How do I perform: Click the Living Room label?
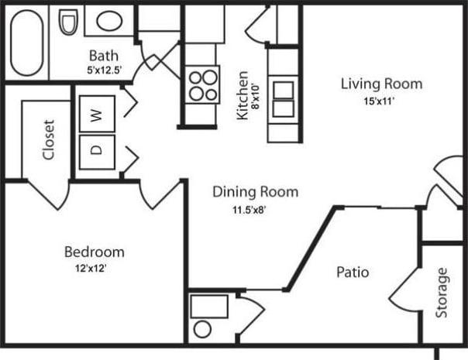point(381,84)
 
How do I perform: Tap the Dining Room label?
point(255,192)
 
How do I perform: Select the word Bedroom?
point(94,252)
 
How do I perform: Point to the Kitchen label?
point(243,95)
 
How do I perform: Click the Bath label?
point(103,56)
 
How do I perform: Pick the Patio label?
point(352,273)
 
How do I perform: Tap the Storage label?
point(442,293)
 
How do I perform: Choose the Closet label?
point(49,140)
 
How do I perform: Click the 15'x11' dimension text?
point(381,100)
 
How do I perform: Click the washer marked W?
point(97,115)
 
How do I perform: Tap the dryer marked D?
point(97,151)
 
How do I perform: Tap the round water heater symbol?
point(202,329)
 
